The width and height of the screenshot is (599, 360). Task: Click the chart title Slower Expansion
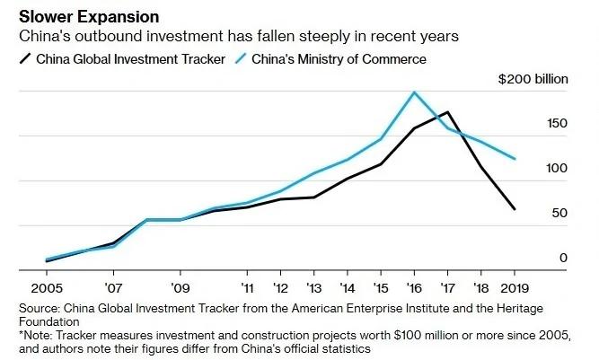click(89, 17)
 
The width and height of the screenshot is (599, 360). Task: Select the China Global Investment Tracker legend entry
click(122, 59)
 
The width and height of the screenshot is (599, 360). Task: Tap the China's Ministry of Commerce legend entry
click(330, 59)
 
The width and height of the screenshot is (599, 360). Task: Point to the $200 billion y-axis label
click(533, 79)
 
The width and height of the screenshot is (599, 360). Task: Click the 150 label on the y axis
click(557, 123)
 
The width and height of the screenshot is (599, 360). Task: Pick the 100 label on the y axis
click(557, 168)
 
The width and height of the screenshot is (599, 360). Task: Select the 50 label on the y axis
click(559, 213)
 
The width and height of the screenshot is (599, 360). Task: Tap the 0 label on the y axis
click(563, 258)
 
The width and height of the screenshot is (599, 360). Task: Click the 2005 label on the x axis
click(47, 288)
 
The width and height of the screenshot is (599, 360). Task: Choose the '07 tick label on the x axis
click(113, 288)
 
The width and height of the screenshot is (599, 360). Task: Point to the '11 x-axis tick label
click(248, 288)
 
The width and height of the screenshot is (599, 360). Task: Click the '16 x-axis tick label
click(414, 288)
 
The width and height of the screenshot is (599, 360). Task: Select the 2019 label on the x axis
click(515, 288)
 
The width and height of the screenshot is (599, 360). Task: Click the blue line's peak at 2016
click(414, 92)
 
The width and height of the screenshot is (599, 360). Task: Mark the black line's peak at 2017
click(447, 112)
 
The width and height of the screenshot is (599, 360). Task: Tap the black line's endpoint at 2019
click(515, 209)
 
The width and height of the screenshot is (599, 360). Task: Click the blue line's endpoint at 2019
click(515, 159)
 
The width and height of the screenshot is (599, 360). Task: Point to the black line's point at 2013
click(314, 198)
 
